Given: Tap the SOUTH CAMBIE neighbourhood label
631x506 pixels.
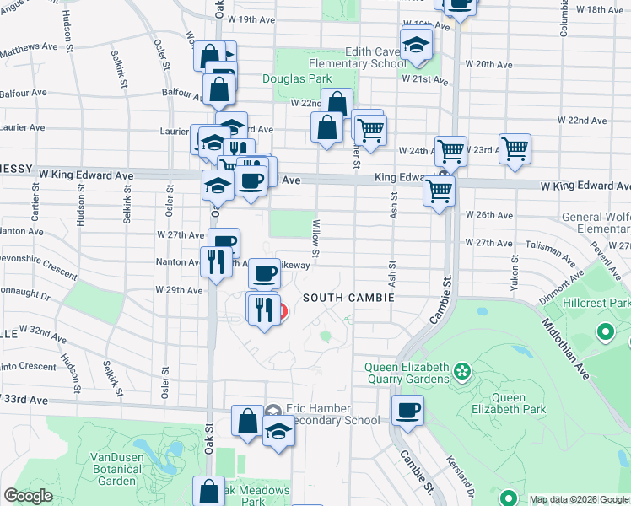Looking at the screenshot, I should pyautogui.click(x=338, y=298).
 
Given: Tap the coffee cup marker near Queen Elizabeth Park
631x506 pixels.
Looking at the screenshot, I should pyautogui.click(x=408, y=412).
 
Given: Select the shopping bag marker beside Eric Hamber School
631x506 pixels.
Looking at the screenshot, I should pyautogui.click(x=247, y=421).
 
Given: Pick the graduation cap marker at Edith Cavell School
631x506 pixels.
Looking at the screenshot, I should pyautogui.click(x=415, y=44).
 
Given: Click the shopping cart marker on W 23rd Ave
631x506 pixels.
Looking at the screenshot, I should pyautogui.click(x=515, y=150).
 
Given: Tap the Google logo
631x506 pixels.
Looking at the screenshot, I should pyautogui.click(x=28, y=496).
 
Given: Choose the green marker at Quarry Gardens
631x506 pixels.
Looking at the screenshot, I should pyautogui.click(x=461, y=369).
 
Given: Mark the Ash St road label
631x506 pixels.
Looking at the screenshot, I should pyautogui.click(x=393, y=202).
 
